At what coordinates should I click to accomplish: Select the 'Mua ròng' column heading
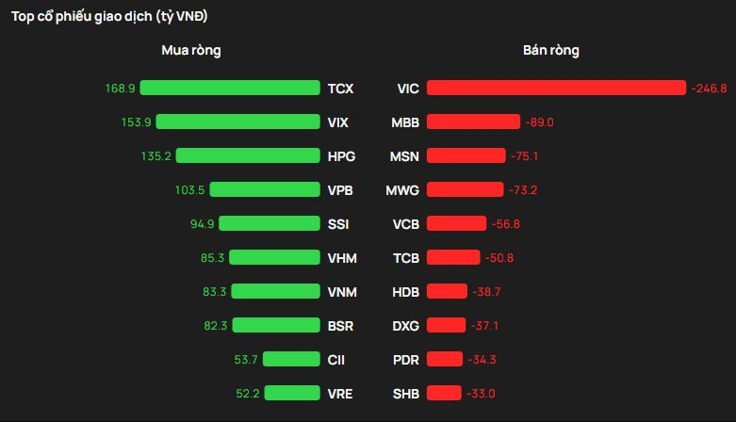pyautogui.click(x=190, y=50)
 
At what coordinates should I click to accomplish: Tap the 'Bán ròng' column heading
pyautogui.click(x=551, y=50)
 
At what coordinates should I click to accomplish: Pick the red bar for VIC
pyautogui.click(x=556, y=88)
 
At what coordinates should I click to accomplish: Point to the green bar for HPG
pyautogui.click(x=248, y=155)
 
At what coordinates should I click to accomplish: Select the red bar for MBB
pyautogui.click(x=473, y=122)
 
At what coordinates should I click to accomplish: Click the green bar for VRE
pyautogui.click(x=293, y=393)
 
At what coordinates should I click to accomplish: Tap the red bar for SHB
pyautogui.click(x=444, y=393)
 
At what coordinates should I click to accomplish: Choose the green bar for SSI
pyautogui.click(x=270, y=223)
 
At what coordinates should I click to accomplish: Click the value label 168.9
pyautogui.click(x=121, y=89)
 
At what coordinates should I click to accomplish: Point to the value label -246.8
pyautogui.click(x=709, y=89)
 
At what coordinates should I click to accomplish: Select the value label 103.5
pyautogui.click(x=189, y=190)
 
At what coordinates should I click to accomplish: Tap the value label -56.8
pyautogui.click(x=507, y=224)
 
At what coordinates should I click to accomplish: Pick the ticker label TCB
pyautogui.click(x=405, y=258)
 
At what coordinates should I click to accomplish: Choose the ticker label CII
pyautogui.click(x=337, y=360)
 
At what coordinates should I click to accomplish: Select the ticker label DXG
pyautogui.click(x=405, y=326)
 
